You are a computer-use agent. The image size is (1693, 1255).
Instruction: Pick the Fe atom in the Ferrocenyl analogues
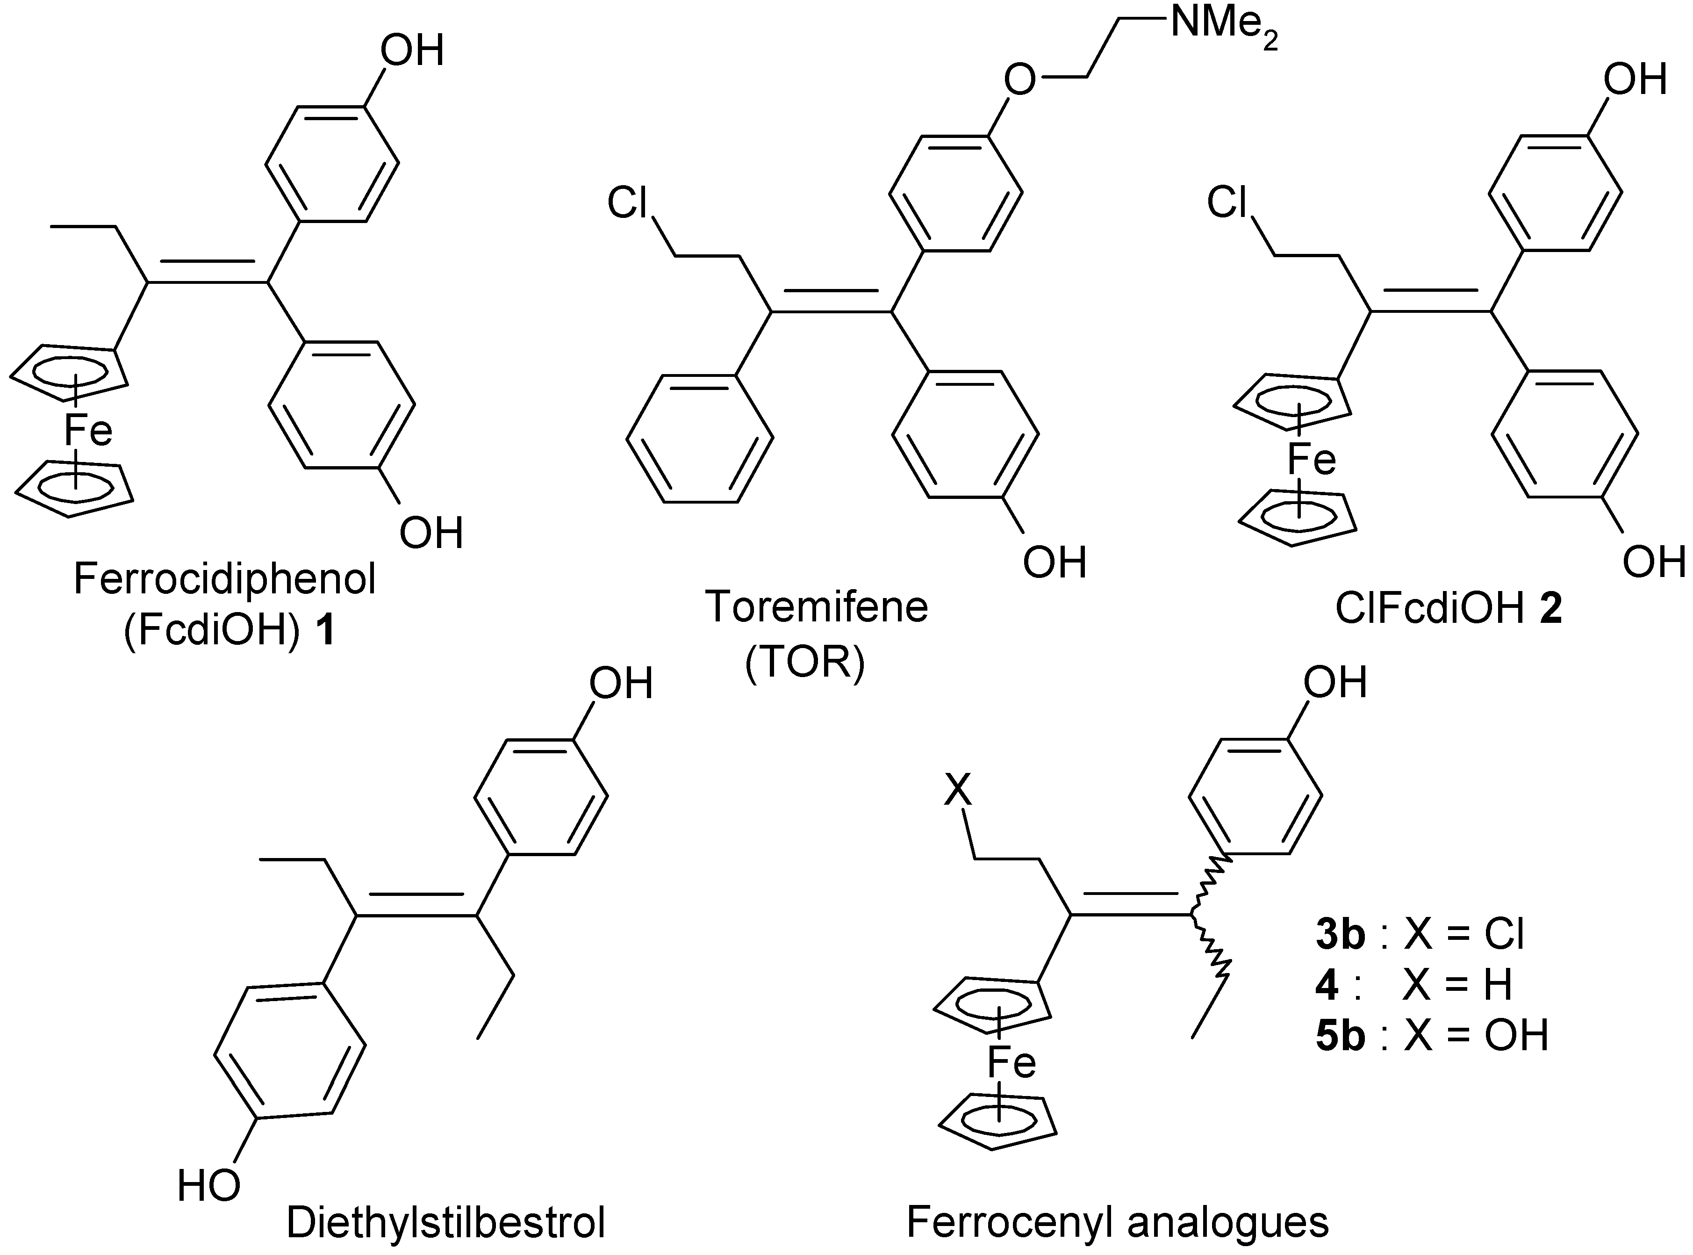pyautogui.click(x=1011, y=1062)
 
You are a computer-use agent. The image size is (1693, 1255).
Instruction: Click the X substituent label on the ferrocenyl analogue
pyautogui.click(x=957, y=792)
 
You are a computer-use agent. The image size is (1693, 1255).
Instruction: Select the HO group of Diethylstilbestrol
pyautogui.click(x=209, y=1186)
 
